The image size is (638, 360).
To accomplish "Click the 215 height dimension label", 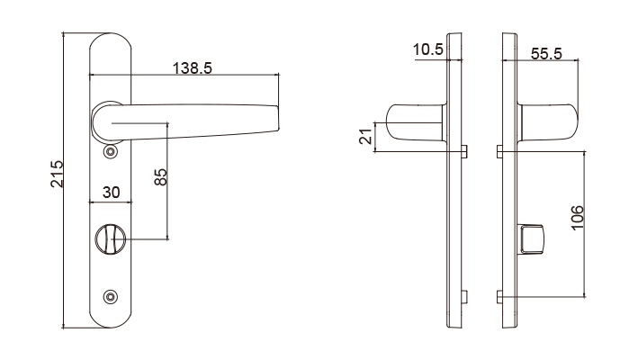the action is [x=58, y=174].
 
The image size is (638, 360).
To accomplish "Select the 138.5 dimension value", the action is [x=193, y=68].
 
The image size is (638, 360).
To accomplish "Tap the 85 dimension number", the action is [x=161, y=177].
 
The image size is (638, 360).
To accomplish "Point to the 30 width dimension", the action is [x=111, y=193].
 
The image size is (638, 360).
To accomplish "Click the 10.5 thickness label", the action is [x=427, y=49].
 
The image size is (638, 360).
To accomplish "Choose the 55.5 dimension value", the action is [x=546, y=54].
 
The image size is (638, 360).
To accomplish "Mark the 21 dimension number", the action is [x=365, y=136].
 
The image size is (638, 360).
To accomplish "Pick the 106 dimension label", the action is [x=578, y=218].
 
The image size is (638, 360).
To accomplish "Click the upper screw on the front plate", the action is [x=111, y=152].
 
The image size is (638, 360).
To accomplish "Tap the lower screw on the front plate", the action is [x=111, y=297].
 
